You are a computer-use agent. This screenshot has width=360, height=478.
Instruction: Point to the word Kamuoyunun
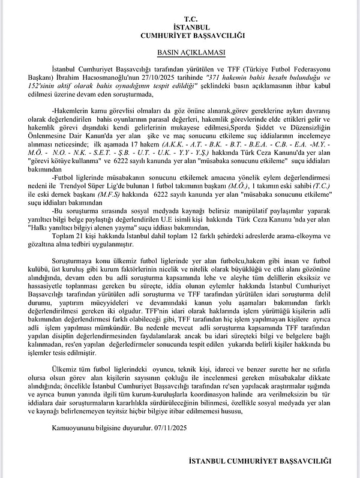[71, 428]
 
